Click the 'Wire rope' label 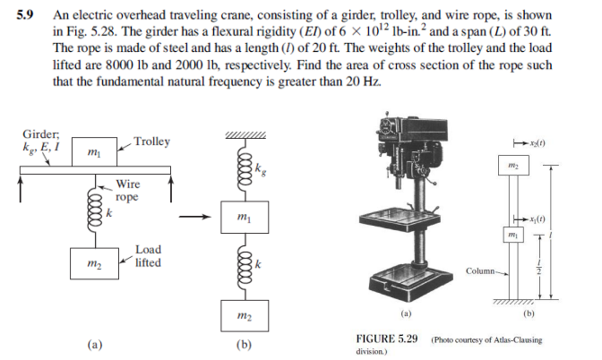pyautogui.click(x=126, y=191)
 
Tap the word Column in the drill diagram pyautogui.click(x=481, y=269)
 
